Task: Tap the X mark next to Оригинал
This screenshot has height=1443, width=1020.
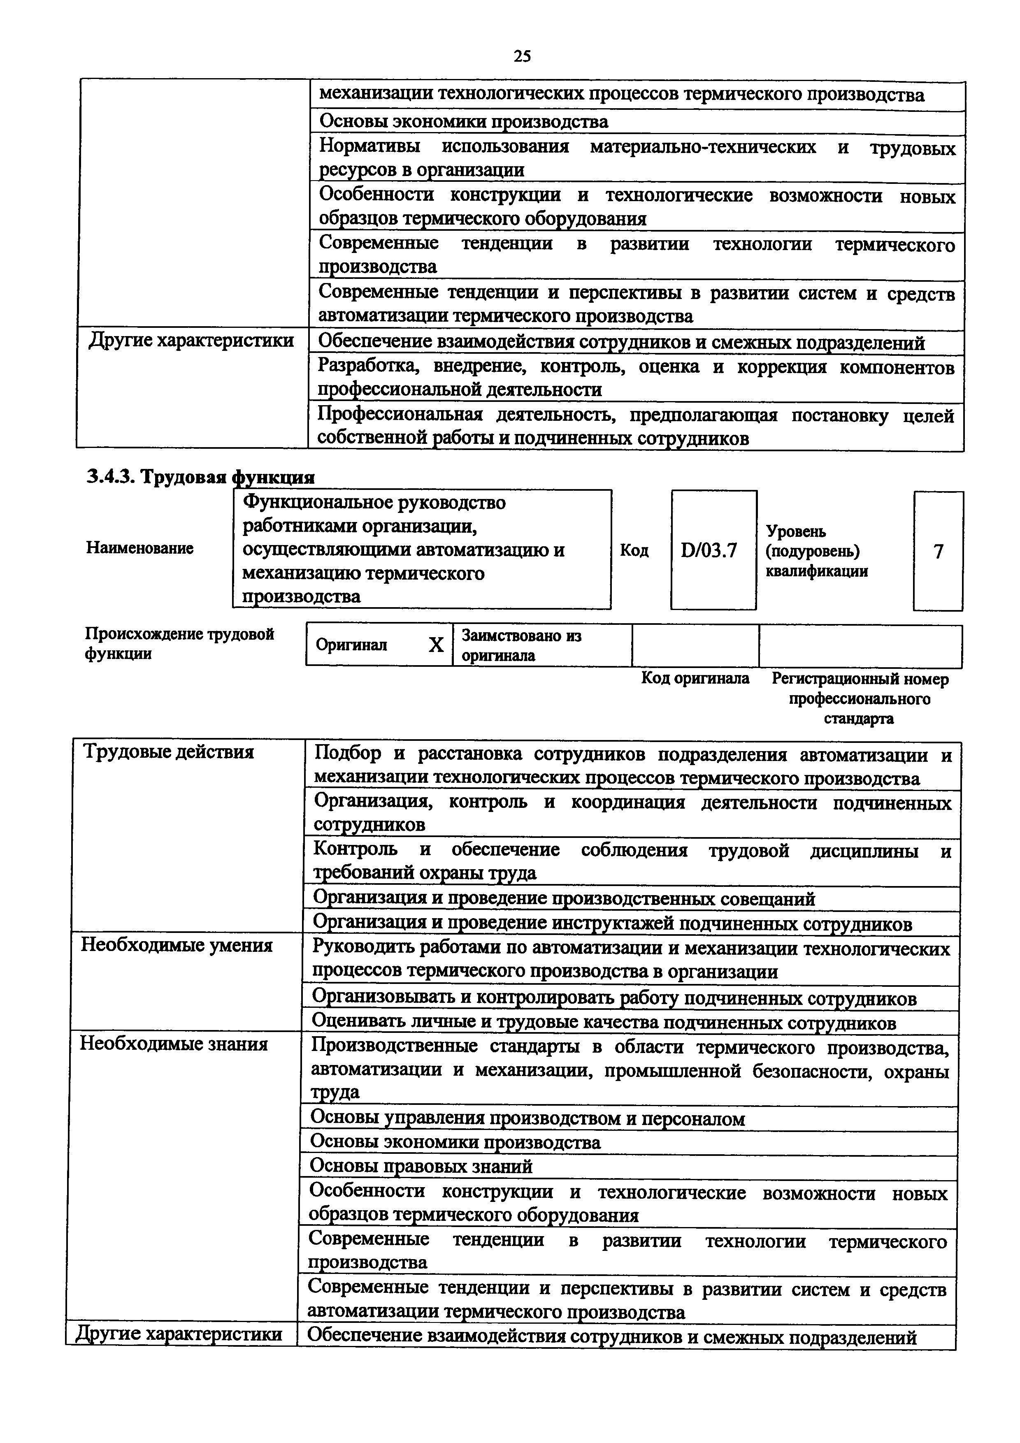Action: pos(436,645)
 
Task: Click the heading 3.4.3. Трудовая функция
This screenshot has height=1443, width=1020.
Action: pos(200,477)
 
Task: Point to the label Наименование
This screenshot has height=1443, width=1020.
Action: pos(139,548)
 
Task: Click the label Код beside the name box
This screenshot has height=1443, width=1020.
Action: pos(634,550)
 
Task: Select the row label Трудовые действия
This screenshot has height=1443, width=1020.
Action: pos(168,752)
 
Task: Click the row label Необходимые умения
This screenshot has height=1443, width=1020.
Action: pos(177,945)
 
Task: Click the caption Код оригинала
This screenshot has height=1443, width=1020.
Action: pos(695,679)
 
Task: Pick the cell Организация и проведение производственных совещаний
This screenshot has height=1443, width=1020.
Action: pos(564,899)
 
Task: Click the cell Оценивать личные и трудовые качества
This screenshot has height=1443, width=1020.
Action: pos(603,1023)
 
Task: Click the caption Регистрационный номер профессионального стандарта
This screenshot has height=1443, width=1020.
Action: pos(860,698)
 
